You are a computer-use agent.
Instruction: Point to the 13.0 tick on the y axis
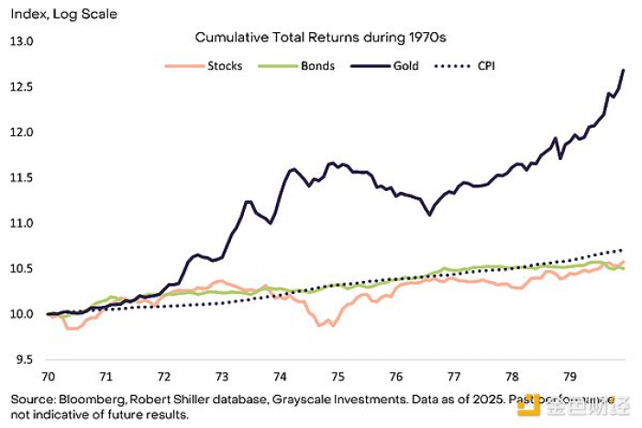pyautogui.click(x=20, y=42)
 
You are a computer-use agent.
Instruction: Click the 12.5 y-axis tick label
pyautogui.click(x=20, y=87)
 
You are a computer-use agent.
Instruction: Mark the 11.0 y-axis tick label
pyautogui.click(x=20, y=223)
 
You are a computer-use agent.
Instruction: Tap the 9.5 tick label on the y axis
pyautogui.click(x=22, y=359)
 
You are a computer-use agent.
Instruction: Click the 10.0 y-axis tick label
pyautogui.click(x=20, y=314)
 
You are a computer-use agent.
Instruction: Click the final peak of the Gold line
pyautogui.click(x=624, y=70)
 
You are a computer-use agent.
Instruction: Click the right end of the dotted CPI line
pyautogui.click(x=624, y=249)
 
